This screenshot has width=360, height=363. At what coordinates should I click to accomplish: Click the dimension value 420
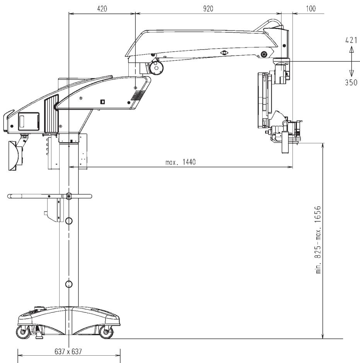[x=102, y=9]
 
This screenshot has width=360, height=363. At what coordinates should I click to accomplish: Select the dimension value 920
[x=208, y=9]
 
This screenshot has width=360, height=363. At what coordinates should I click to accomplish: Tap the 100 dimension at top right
[x=311, y=8]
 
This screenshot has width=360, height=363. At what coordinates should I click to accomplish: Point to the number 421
[x=351, y=40]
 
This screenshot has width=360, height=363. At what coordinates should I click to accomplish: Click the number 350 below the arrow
[x=351, y=82]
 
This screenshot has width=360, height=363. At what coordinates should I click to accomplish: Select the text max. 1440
[x=181, y=162]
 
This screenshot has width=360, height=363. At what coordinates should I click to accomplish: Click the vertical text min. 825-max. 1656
[x=319, y=239]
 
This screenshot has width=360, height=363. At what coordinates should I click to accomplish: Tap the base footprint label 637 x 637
[x=68, y=352]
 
